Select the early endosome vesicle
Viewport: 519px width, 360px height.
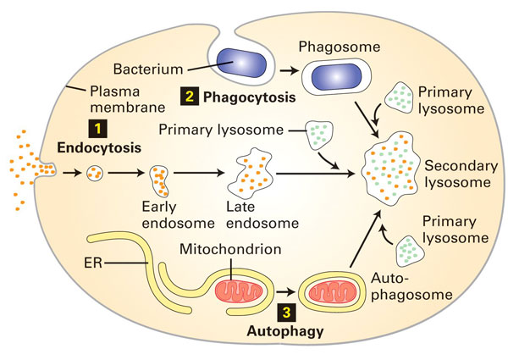(159, 179)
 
